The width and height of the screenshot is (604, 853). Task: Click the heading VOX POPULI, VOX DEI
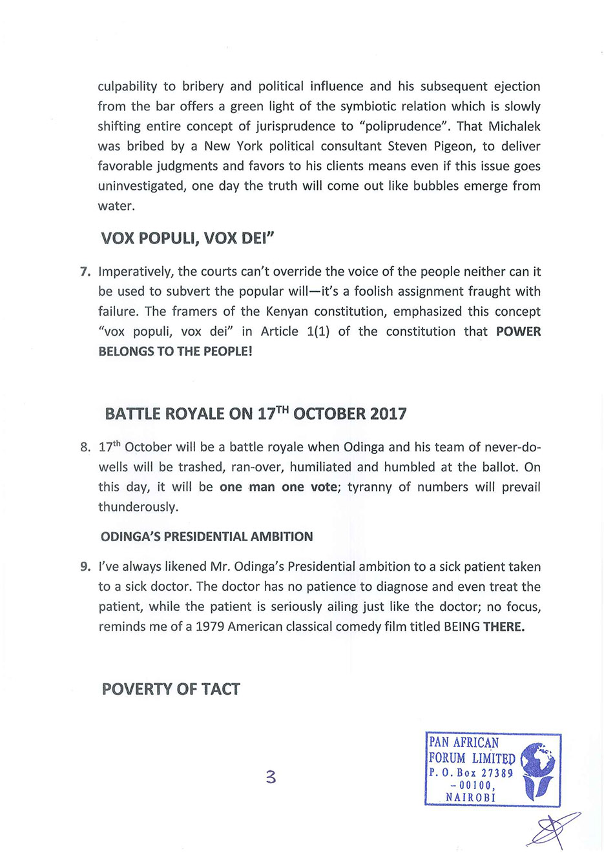(x=187, y=239)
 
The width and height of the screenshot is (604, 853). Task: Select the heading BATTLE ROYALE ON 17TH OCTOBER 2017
(x=255, y=414)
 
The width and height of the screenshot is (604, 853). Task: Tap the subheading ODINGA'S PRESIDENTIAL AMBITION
(x=207, y=537)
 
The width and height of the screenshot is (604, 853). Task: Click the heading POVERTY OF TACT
(x=171, y=689)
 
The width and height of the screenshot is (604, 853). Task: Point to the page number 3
(x=271, y=777)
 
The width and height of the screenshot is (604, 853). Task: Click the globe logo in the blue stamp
(x=537, y=769)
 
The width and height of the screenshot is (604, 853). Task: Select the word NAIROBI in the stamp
(x=470, y=797)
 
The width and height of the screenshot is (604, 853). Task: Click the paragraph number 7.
(x=85, y=272)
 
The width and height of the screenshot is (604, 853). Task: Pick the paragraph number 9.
(x=85, y=567)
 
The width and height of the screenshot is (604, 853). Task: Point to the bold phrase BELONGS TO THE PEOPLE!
(x=175, y=351)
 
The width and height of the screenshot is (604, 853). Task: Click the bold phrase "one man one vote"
(x=278, y=487)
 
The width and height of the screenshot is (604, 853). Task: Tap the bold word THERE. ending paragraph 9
(x=504, y=626)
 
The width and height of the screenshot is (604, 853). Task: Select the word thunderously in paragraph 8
(x=138, y=507)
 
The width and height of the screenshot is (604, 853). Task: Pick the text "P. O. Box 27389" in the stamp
(x=470, y=772)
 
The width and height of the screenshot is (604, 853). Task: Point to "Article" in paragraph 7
(x=279, y=331)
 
